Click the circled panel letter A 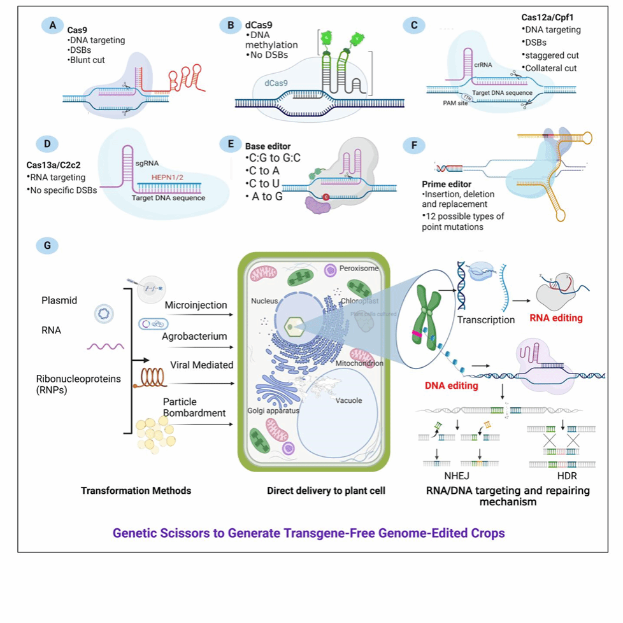click(52, 25)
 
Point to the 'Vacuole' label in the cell click(350, 400)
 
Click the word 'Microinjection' click(196, 305)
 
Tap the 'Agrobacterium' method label click(195, 336)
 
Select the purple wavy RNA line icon click(106, 346)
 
